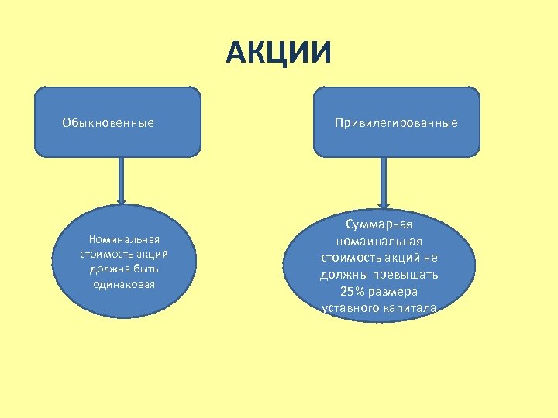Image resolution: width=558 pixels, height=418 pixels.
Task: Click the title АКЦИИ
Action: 279,53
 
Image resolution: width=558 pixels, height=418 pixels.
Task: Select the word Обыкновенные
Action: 108,122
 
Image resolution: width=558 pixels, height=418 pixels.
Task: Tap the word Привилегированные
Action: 396,122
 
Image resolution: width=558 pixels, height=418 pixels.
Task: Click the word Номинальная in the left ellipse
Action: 124,239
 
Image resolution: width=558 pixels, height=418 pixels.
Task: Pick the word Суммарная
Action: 379,224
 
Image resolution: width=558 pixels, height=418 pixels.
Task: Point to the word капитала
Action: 410,308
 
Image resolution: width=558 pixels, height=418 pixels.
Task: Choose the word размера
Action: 395,292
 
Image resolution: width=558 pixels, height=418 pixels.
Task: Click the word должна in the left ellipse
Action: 107,269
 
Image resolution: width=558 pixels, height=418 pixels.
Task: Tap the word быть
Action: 145,269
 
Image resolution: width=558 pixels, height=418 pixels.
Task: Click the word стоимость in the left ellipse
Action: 105,254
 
